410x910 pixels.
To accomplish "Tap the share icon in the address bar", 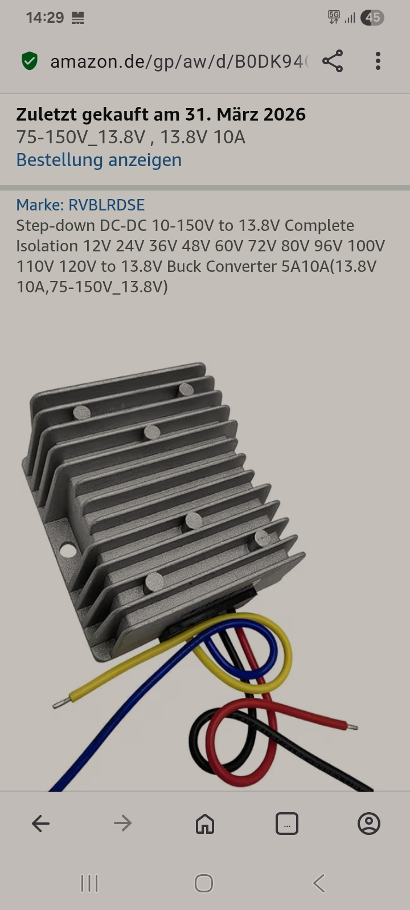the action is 333,61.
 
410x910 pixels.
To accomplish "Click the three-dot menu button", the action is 378,61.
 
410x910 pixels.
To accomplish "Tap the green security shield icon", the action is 30,61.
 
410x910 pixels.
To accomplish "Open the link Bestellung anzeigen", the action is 99,160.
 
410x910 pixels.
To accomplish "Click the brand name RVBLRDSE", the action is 106,205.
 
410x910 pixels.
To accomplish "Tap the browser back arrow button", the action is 40,824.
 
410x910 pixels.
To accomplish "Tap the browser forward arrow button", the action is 123,824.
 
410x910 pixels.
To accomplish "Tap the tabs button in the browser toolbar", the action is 287,824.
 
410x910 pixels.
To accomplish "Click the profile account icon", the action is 369,824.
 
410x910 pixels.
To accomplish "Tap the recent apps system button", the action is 89,883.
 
